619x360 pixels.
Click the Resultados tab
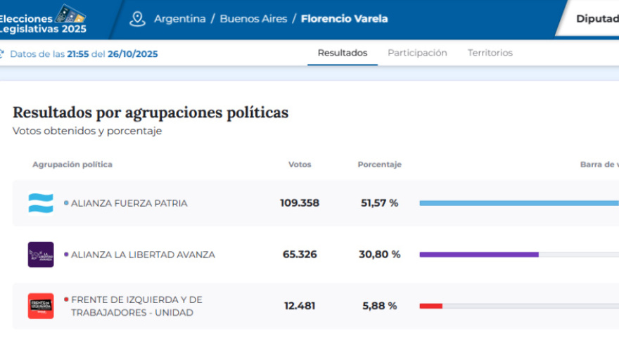(342, 53)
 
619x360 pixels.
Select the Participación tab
(417, 53)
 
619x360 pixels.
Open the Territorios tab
(490, 53)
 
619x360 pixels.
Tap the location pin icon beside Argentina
(137, 19)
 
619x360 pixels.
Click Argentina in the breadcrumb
(179, 19)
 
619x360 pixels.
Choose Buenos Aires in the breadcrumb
(253, 19)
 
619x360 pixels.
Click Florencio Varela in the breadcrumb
(344, 19)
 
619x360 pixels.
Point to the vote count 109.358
(300, 203)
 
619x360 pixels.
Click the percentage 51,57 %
(380, 203)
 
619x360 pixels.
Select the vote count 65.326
(300, 255)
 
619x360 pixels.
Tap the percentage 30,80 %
(380, 255)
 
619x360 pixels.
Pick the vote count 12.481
(300, 306)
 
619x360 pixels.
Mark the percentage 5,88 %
(380, 306)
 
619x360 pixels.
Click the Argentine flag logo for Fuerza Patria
(41, 203)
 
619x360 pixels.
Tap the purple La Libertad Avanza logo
(41, 255)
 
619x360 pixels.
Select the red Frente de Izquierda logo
(41, 306)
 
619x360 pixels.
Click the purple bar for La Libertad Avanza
(479, 255)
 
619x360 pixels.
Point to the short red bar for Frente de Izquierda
(431, 306)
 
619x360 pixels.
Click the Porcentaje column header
(379, 165)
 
